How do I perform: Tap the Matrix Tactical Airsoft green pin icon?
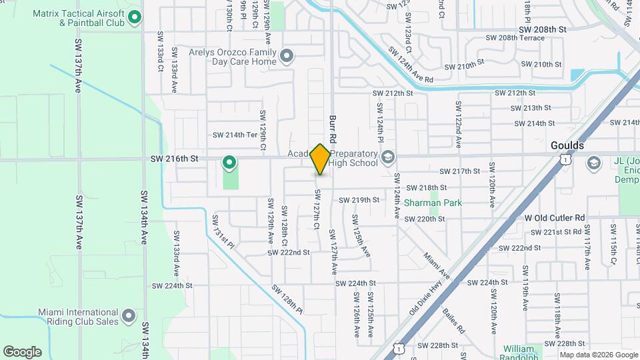coord(135,17)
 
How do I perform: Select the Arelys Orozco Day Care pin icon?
coord(287,56)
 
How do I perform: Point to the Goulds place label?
coord(567,145)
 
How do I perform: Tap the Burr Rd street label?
coord(333,129)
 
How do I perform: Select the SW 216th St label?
coord(175,159)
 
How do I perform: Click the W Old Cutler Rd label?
coord(554,218)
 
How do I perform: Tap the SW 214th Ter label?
coord(235,135)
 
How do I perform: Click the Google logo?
coord(22,352)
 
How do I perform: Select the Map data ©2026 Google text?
coord(598,355)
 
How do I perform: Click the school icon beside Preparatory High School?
coord(389,158)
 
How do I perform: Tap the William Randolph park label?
coord(519,349)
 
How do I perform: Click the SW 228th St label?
coord(437,345)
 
